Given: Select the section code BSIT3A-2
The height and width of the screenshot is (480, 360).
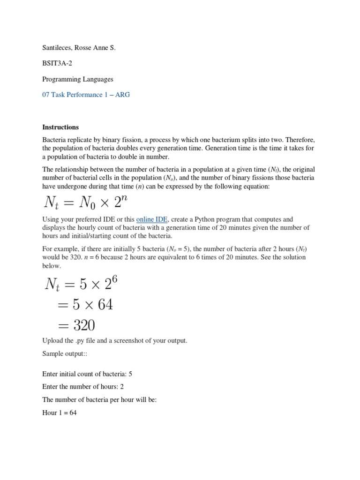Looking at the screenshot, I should click(56, 63).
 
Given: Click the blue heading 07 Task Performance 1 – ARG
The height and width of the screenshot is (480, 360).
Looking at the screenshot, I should click(86, 95).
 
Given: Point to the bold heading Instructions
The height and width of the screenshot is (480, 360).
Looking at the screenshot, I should click(60, 127).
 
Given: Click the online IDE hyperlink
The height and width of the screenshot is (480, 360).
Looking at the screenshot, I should click(152, 219).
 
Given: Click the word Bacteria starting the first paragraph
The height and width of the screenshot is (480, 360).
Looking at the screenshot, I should click(55, 140).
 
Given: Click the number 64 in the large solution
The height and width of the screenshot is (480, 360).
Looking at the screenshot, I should click(103, 305).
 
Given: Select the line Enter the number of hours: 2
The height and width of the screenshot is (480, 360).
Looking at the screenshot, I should click(83, 387).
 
